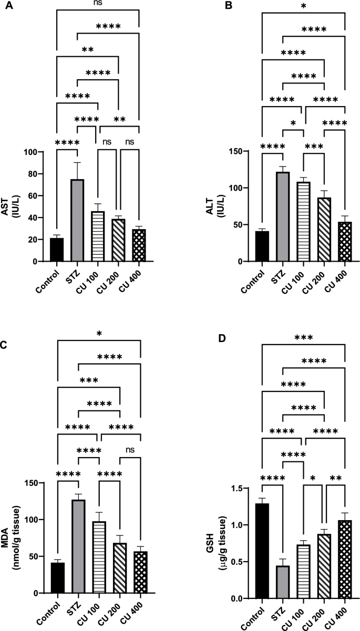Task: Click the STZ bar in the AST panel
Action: coord(77,220)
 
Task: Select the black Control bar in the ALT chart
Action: coord(262,246)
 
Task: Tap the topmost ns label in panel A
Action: coord(98,4)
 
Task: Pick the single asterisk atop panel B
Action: coord(303,6)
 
